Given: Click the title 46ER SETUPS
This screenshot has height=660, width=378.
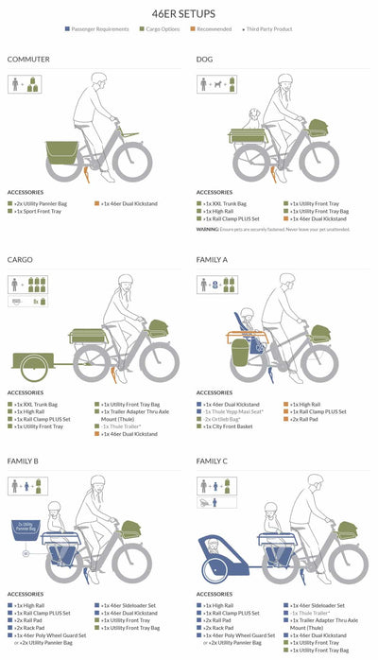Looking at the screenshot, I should pos(188,15).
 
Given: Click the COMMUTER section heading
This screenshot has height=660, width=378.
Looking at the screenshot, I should pos(28,60).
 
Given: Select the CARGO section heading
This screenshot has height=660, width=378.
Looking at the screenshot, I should pos(20,259).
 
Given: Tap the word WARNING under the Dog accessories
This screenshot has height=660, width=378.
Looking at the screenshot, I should pos(209,229).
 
